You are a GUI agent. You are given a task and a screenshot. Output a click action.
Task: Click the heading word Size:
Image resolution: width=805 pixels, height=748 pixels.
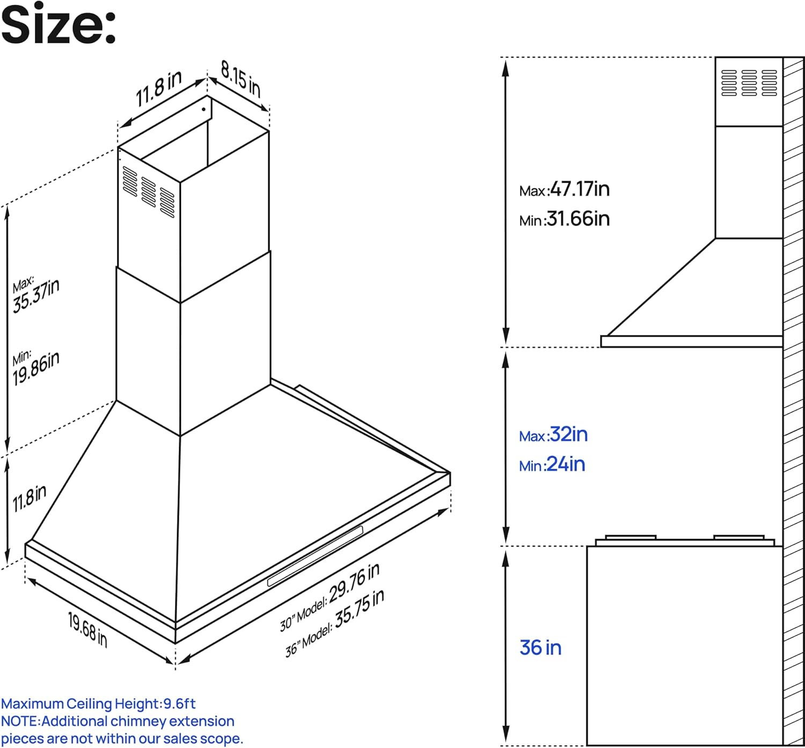pos(58,24)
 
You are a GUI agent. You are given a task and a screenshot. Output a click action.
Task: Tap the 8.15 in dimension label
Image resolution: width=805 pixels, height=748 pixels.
pos(241,79)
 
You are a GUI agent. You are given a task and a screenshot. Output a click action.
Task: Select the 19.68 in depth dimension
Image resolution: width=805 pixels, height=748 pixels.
pos(87,630)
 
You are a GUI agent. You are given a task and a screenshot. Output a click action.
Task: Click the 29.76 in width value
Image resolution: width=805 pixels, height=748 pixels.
pos(354,583)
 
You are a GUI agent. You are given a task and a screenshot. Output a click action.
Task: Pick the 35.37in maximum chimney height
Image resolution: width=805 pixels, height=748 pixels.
pos(36,296)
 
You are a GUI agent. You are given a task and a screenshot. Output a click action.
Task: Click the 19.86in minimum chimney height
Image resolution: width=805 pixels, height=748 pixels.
pos(36,368)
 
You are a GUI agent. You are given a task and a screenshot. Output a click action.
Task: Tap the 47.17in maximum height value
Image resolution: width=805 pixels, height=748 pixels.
pos(580,189)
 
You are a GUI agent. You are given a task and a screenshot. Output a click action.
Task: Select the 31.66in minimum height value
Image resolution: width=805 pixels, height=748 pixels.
pos(578,219)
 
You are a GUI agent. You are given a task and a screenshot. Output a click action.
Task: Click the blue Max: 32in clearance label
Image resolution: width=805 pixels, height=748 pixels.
pos(553,434)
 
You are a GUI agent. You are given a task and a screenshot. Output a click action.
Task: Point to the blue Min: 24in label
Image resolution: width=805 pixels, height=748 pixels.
pos(552,464)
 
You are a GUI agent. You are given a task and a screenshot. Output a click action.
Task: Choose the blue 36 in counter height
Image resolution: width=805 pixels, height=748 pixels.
pos(540,648)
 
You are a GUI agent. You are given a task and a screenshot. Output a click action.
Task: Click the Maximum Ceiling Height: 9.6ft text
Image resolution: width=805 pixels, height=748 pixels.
pos(99,703)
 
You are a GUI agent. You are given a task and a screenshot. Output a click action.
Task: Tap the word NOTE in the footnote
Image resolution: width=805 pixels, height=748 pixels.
pos(20,721)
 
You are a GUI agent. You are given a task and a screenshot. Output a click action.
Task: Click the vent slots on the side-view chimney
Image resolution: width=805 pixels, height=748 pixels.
pos(749,83)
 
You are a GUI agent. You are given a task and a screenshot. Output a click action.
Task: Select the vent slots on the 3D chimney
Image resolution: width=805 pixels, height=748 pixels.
pos(148,192)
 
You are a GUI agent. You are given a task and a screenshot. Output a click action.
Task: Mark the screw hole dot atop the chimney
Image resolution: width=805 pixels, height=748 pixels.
pos(203,109)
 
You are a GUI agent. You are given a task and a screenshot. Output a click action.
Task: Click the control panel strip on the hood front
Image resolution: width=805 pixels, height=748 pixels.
pos(315,556)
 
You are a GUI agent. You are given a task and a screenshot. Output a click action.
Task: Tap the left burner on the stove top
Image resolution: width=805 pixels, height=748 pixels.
pos(630,538)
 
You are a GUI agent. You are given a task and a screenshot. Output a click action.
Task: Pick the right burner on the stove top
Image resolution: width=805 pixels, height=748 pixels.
pos(739,538)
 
